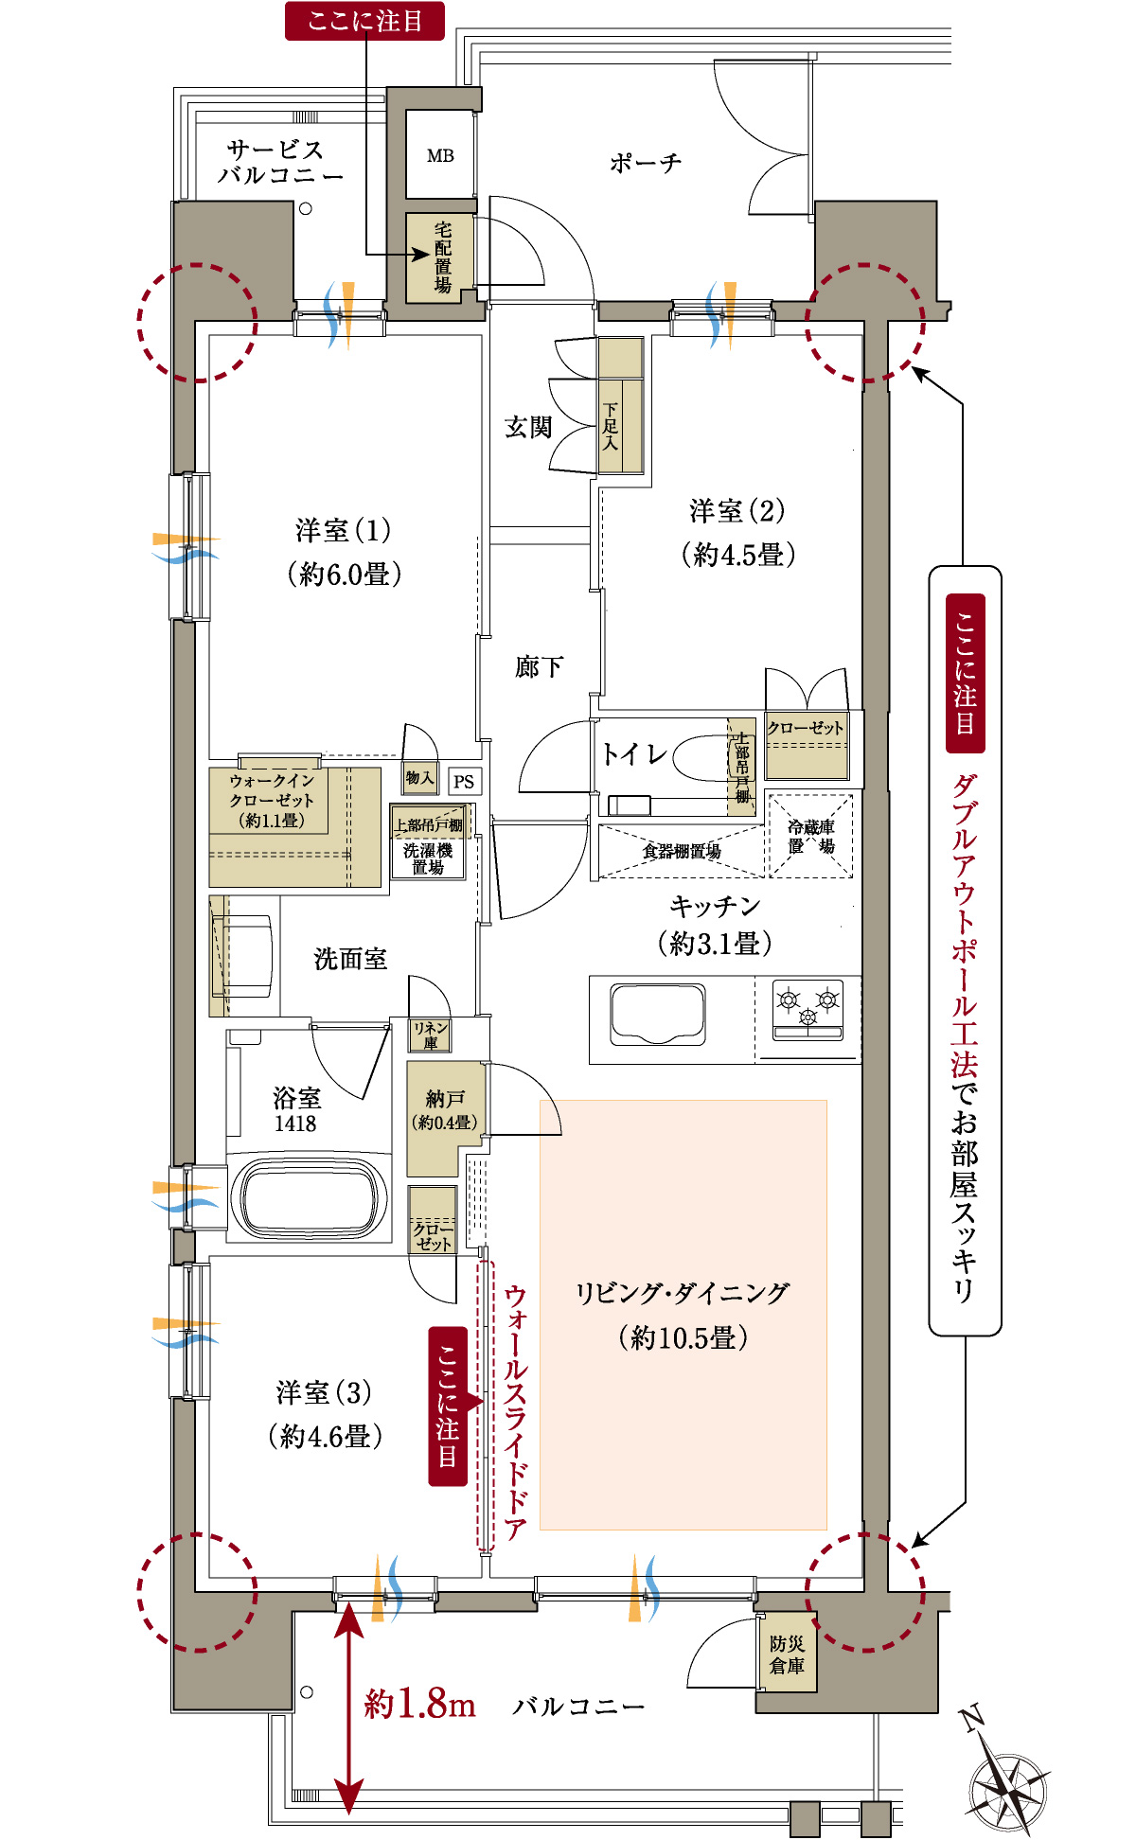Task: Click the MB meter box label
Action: point(440,156)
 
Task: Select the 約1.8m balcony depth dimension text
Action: point(419,1705)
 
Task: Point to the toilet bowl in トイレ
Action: point(701,754)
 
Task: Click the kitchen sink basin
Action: point(658,1014)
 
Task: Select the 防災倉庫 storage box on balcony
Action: point(786,1655)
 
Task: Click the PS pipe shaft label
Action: point(464,782)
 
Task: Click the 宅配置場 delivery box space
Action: point(441,257)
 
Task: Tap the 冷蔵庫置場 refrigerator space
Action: point(811,837)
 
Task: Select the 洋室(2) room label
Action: point(737,532)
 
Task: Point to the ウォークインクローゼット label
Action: point(271,800)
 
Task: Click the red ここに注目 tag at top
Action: point(364,21)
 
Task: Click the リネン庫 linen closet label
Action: point(430,1035)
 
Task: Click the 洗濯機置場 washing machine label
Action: point(428,858)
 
